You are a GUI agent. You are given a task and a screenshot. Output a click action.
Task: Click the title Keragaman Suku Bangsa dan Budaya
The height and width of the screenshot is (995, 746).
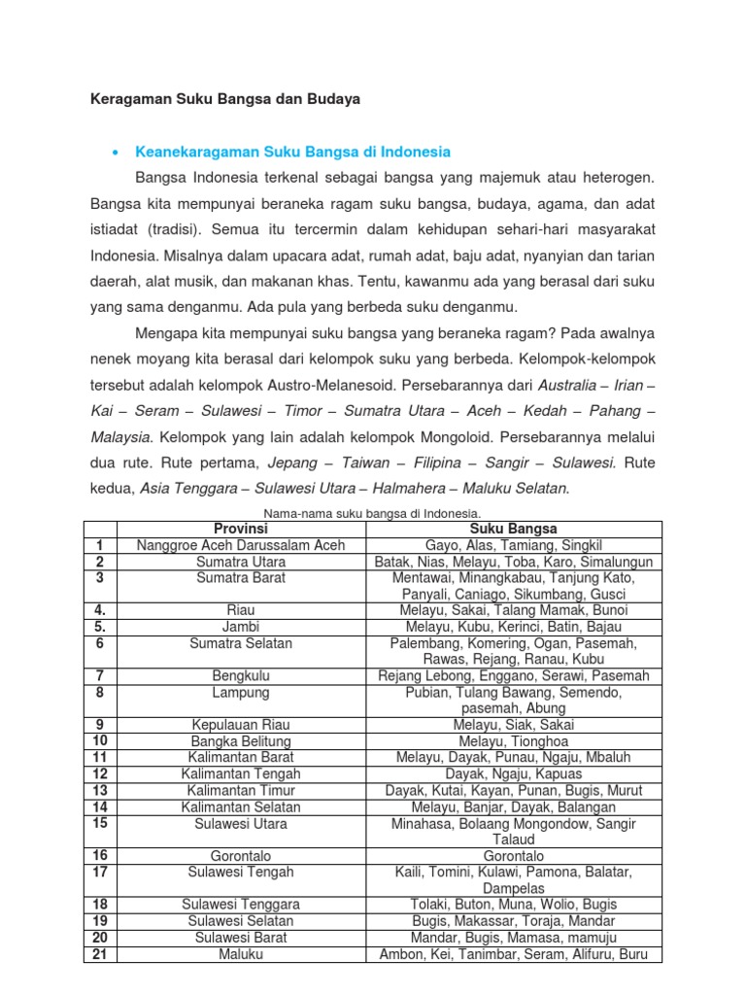(x=225, y=99)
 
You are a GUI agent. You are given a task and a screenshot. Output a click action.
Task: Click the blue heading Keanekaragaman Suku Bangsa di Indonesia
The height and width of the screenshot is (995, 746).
(x=293, y=153)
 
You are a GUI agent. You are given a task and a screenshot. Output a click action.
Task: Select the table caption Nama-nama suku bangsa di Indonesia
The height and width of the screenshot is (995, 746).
(x=373, y=513)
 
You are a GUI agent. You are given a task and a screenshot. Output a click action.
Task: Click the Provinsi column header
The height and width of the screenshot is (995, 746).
(x=241, y=529)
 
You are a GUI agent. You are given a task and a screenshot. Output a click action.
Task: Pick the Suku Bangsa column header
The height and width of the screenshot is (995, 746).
(x=513, y=529)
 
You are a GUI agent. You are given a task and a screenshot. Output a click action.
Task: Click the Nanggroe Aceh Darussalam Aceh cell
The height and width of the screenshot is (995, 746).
(x=241, y=546)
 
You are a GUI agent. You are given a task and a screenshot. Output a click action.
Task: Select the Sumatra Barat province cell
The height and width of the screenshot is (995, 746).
(x=241, y=578)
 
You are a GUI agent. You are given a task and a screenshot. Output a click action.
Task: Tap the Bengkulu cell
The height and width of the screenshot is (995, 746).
(x=241, y=675)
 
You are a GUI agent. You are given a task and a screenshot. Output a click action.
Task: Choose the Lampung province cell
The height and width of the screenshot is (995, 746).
(x=241, y=693)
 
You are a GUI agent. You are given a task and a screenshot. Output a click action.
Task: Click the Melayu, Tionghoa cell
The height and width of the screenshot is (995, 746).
(x=513, y=741)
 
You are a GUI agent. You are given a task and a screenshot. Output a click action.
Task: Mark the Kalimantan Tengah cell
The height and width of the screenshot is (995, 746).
(x=241, y=774)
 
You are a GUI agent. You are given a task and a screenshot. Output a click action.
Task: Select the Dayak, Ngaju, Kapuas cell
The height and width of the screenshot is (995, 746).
(x=513, y=774)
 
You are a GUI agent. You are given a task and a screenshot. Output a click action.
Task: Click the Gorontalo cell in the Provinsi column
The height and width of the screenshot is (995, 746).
(x=241, y=856)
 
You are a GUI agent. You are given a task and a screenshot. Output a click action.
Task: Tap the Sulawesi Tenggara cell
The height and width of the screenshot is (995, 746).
(x=241, y=905)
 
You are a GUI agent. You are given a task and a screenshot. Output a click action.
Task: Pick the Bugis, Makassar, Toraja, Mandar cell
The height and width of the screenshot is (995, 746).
(x=513, y=921)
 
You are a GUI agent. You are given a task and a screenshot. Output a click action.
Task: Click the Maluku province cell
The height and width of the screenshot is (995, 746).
(x=241, y=954)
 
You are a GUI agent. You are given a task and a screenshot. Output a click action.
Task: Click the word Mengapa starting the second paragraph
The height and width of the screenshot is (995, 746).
(x=166, y=331)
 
